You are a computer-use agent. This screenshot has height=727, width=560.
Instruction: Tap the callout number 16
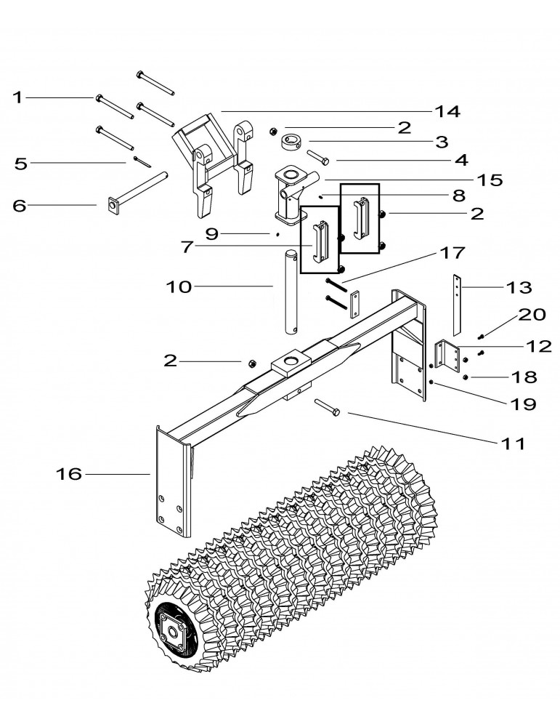70,474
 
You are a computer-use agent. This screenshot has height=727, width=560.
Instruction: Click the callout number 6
20,206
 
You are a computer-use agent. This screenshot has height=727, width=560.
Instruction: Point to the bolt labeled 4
318,156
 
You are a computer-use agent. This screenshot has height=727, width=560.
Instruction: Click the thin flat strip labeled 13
457,305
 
